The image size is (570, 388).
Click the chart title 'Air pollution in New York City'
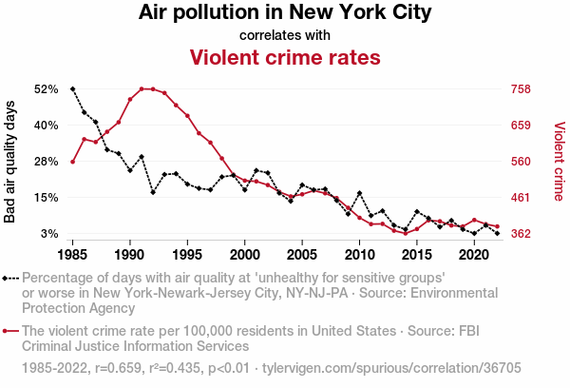[285, 13]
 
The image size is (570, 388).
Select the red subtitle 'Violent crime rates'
[285, 58]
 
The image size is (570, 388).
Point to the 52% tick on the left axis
[46, 89]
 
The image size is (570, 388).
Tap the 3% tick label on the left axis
[49, 234]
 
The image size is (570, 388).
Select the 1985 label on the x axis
[73, 256]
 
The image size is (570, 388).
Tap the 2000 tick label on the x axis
[245, 256]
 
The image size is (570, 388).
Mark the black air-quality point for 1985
[73, 89]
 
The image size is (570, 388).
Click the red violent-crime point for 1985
[73, 162]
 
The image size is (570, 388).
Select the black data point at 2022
[497, 233]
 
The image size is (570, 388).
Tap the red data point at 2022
[497, 226]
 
